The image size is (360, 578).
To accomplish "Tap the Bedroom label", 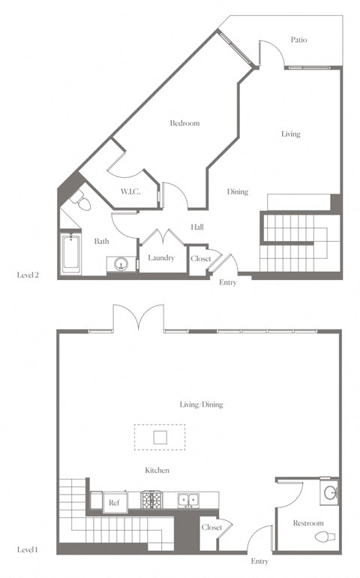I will [x=184, y=123].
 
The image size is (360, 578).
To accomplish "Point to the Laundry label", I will [x=161, y=258].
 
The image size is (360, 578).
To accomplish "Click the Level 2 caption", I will [x=28, y=275].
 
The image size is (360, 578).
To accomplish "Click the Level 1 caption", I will [x=28, y=550].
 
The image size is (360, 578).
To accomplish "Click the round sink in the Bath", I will [x=121, y=263].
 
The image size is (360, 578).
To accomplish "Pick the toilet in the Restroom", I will [x=325, y=537].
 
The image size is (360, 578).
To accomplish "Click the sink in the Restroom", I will [x=331, y=493].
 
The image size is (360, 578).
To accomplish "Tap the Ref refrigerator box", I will [x=115, y=503].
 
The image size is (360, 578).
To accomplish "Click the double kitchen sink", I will [x=187, y=500].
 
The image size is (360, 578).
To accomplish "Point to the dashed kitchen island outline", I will [x=160, y=436].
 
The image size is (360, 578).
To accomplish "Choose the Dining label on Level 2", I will [x=238, y=192].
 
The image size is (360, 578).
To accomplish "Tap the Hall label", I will [x=196, y=227].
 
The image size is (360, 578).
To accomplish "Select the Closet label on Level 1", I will [x=211, y=528].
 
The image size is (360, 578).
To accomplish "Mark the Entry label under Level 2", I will [x=228, y=283].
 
